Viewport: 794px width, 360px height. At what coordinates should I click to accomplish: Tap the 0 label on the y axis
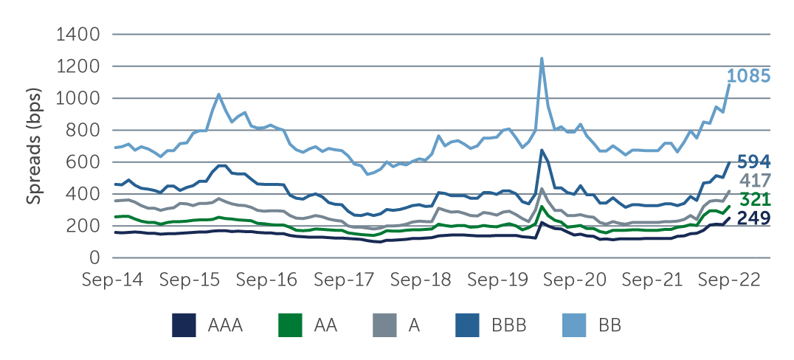click(93, 258)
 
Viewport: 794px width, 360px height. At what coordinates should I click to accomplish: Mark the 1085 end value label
click(749, 76)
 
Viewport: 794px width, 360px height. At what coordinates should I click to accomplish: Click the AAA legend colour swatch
click(184, 325)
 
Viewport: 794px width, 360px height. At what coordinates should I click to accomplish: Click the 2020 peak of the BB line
click(542, 58)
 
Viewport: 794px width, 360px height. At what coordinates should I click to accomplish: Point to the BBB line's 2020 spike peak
click(542, 150)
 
